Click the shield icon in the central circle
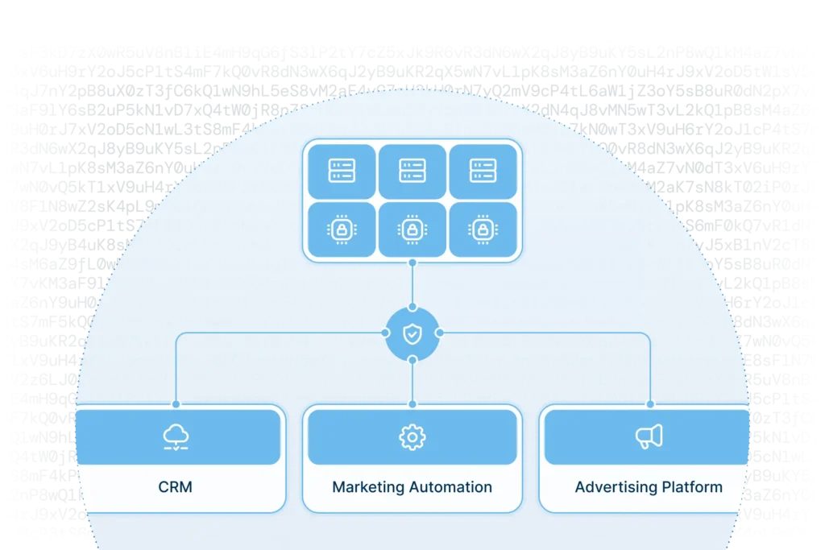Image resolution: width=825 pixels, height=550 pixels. (412, 333)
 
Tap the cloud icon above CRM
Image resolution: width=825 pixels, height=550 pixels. (176, 437)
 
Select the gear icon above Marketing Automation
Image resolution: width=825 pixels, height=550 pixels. (412, 437)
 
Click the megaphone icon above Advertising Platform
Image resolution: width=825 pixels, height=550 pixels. (649, 436)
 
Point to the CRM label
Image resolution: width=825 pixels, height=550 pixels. (176, 487)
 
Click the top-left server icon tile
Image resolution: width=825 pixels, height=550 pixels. (341, 171)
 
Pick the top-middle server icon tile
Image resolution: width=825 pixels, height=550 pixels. (412, 171)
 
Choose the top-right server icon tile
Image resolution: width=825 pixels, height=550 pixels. (483, 171)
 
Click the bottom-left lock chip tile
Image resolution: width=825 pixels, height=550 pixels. (341, 230)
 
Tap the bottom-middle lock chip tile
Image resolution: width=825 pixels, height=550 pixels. (412, 230)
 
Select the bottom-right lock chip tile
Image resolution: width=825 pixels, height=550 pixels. (483, 230)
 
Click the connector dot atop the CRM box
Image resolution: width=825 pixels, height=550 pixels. (176, 404)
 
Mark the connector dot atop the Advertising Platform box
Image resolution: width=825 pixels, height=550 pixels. (649, 404)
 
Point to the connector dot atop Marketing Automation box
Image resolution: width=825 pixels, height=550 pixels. (412, 404)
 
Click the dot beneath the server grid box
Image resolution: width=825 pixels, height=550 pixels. (412, 263)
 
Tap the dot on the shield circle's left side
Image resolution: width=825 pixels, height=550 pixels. (384, 333)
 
